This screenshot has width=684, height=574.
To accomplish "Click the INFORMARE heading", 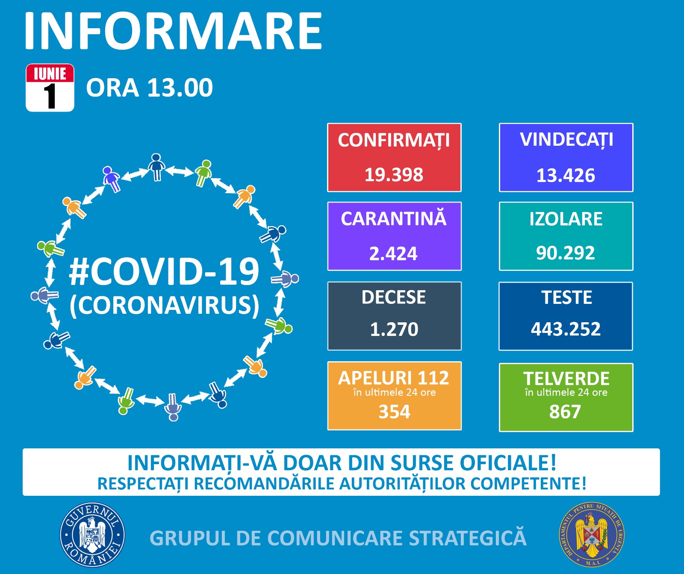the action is click(x=173, y=31).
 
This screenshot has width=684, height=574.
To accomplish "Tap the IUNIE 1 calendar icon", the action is click(x=50, y=88).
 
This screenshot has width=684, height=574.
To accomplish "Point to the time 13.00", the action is click(x=180, y=88).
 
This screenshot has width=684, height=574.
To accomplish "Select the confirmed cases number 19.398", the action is click(x=394, y=175).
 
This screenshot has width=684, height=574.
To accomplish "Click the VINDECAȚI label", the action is click(x=566, y=140).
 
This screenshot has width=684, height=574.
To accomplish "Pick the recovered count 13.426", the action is click(x=566, y=175).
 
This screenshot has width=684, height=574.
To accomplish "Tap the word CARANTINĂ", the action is click(x=394, y=218).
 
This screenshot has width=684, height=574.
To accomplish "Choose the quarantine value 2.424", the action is click(x=393, y=253).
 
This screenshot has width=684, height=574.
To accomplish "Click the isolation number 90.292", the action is click(x=566, y=253).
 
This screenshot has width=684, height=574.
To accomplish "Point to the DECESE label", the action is click(x=394, y=297).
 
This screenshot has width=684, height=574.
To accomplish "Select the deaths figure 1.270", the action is click(x=394, y=329).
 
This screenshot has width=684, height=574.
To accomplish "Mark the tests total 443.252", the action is click(x=566, y=329).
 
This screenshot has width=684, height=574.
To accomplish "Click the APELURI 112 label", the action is click(x=394, y=378).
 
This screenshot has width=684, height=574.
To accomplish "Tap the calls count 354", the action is click(x=394, y=412).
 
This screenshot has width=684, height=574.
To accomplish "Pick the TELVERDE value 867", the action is click(x=565, y=412).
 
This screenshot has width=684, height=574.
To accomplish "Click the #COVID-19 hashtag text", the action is click(x=165, y=272).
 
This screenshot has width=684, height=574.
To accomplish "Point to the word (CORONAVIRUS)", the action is click(x=165, y=305).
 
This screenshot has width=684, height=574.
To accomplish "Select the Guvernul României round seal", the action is click(x=92, y=535).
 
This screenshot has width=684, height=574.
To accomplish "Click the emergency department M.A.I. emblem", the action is click(x=592, y=535).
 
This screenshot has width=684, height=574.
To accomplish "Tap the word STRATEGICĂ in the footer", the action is click(x=468, y=538).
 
